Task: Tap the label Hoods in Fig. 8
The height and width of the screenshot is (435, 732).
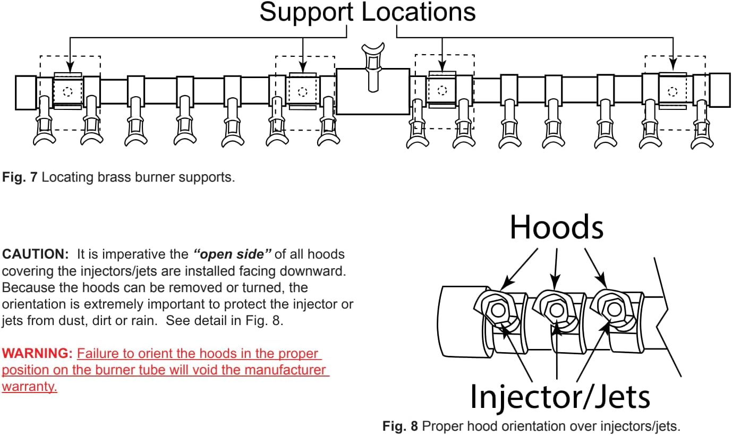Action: (x=556, y=228)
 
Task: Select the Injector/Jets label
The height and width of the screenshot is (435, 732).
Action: (x=560, y=396)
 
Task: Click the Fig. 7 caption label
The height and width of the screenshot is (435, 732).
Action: (x=20, y=177)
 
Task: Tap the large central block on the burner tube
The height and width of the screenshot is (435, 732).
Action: (x=373, y=91)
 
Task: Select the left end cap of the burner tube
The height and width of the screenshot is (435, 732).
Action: (x=25, y=92)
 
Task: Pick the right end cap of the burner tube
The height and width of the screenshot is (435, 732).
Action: (x=719, y=90)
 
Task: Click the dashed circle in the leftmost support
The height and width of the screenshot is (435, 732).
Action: (x=67, y=91)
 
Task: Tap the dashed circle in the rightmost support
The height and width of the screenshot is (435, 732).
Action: (x=673, y=91)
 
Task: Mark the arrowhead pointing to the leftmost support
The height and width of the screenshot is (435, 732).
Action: (x=70, y=69)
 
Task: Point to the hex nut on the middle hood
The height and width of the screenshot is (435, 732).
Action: (x=555, y=309)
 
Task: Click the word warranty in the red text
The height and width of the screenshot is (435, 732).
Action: (x=29, y=386)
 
